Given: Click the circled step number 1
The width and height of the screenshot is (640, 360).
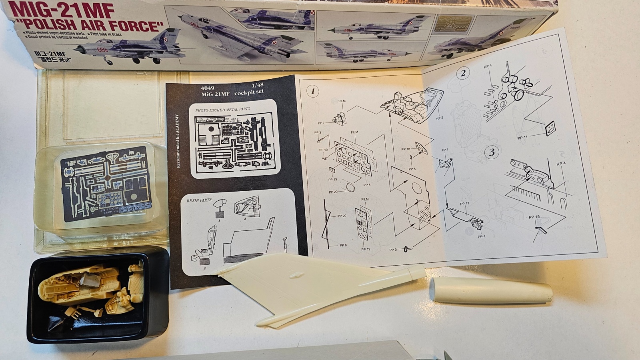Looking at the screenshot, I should (x=313, y=91).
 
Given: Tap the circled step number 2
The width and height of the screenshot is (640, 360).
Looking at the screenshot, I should (x=463, y=73).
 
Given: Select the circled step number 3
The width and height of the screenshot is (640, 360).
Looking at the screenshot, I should (x=491, y=152).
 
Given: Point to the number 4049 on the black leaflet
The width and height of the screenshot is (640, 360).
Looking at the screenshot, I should (x=208, y=88).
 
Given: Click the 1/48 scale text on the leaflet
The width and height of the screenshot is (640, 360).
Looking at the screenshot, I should (x=258, y=85).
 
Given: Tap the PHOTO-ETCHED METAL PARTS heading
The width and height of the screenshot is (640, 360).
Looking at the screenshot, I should (x=222, y=109).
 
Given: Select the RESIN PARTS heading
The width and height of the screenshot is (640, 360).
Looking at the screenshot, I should (x=199, y=200).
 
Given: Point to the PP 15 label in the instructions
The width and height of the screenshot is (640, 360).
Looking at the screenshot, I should (x=534, y=217).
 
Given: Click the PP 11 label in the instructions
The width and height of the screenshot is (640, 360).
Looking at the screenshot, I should (x=522, y=138).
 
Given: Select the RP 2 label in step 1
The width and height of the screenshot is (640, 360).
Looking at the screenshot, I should (x=440, y=118).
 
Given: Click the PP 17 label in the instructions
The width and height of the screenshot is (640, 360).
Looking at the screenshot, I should (x=464, y=204).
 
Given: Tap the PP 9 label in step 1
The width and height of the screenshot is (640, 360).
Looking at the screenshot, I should (x=393, y=250).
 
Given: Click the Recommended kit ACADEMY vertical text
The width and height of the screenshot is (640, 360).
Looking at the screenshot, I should (x=178, y=142).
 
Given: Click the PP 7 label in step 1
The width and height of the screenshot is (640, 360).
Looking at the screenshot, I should (x=321, y=123).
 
